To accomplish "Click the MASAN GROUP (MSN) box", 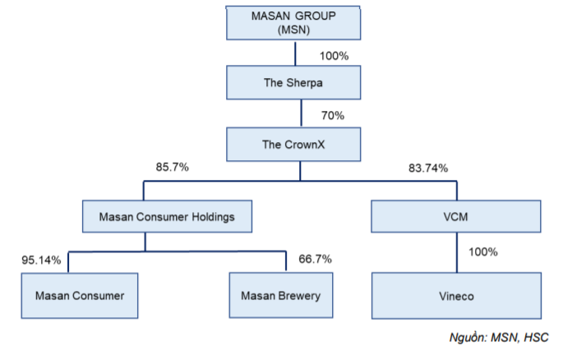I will click(294, 22).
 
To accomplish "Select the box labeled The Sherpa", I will click(294, 83).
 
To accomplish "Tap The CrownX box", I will click(294, 144).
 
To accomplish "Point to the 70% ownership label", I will click(333, 115).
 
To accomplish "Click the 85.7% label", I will click(172, 167).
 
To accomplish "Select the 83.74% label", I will click(427, 168).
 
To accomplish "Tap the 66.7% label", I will click(316, 259).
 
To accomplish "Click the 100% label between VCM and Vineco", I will click(482, 252).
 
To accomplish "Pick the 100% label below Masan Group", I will click(333, 56).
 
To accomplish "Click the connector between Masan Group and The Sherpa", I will click(294, 53).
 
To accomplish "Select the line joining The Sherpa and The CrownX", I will click(294, 114).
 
